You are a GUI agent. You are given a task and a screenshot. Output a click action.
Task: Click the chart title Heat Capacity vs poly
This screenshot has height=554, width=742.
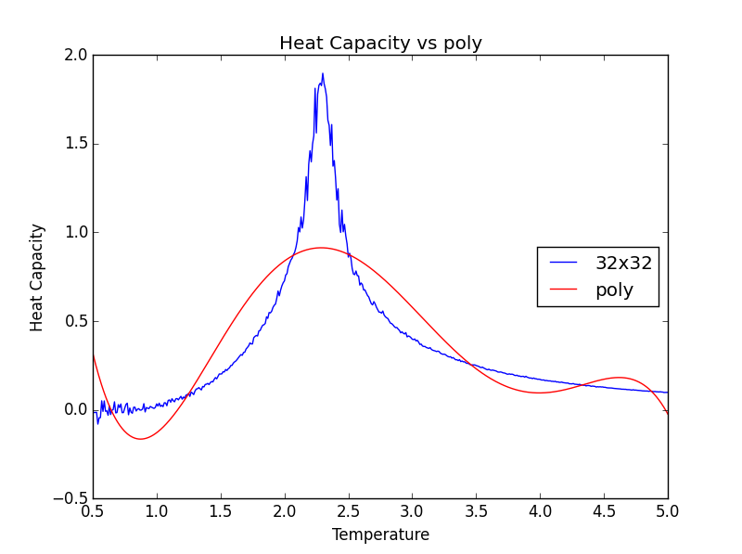[380, 44]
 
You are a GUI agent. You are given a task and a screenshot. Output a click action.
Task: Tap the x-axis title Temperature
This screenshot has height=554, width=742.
[380, 535]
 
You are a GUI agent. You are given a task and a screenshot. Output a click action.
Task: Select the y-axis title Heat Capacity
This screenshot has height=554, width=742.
[37, 277]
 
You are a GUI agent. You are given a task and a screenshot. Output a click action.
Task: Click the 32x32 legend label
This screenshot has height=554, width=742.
[623, 263]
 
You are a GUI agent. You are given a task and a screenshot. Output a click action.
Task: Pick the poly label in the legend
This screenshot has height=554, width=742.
[614, 290]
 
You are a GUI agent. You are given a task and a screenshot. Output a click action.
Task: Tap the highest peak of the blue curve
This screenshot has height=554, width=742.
[323, 74]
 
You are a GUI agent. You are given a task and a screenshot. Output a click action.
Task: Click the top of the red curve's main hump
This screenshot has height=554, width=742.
[322, 248]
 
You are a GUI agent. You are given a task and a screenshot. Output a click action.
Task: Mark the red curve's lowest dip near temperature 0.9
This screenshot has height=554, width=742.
[140, 438]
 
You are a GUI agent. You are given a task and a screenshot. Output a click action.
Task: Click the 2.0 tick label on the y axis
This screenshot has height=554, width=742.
[76, 55]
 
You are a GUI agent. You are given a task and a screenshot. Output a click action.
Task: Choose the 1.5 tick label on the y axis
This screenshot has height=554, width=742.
[76, 144]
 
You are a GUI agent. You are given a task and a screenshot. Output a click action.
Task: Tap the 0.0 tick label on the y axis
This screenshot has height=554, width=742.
[76, 409]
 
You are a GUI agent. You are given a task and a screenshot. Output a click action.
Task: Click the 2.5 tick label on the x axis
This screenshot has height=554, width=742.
[349, 511]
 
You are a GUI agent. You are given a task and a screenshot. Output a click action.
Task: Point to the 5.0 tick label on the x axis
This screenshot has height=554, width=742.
[668, 511]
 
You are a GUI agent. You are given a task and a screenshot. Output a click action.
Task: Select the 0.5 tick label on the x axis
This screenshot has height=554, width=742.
[93, 511]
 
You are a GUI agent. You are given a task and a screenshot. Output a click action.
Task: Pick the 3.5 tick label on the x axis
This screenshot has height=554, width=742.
[476, 511]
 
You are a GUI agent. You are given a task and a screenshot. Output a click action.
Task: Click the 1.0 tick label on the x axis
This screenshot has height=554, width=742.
[157, 511]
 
